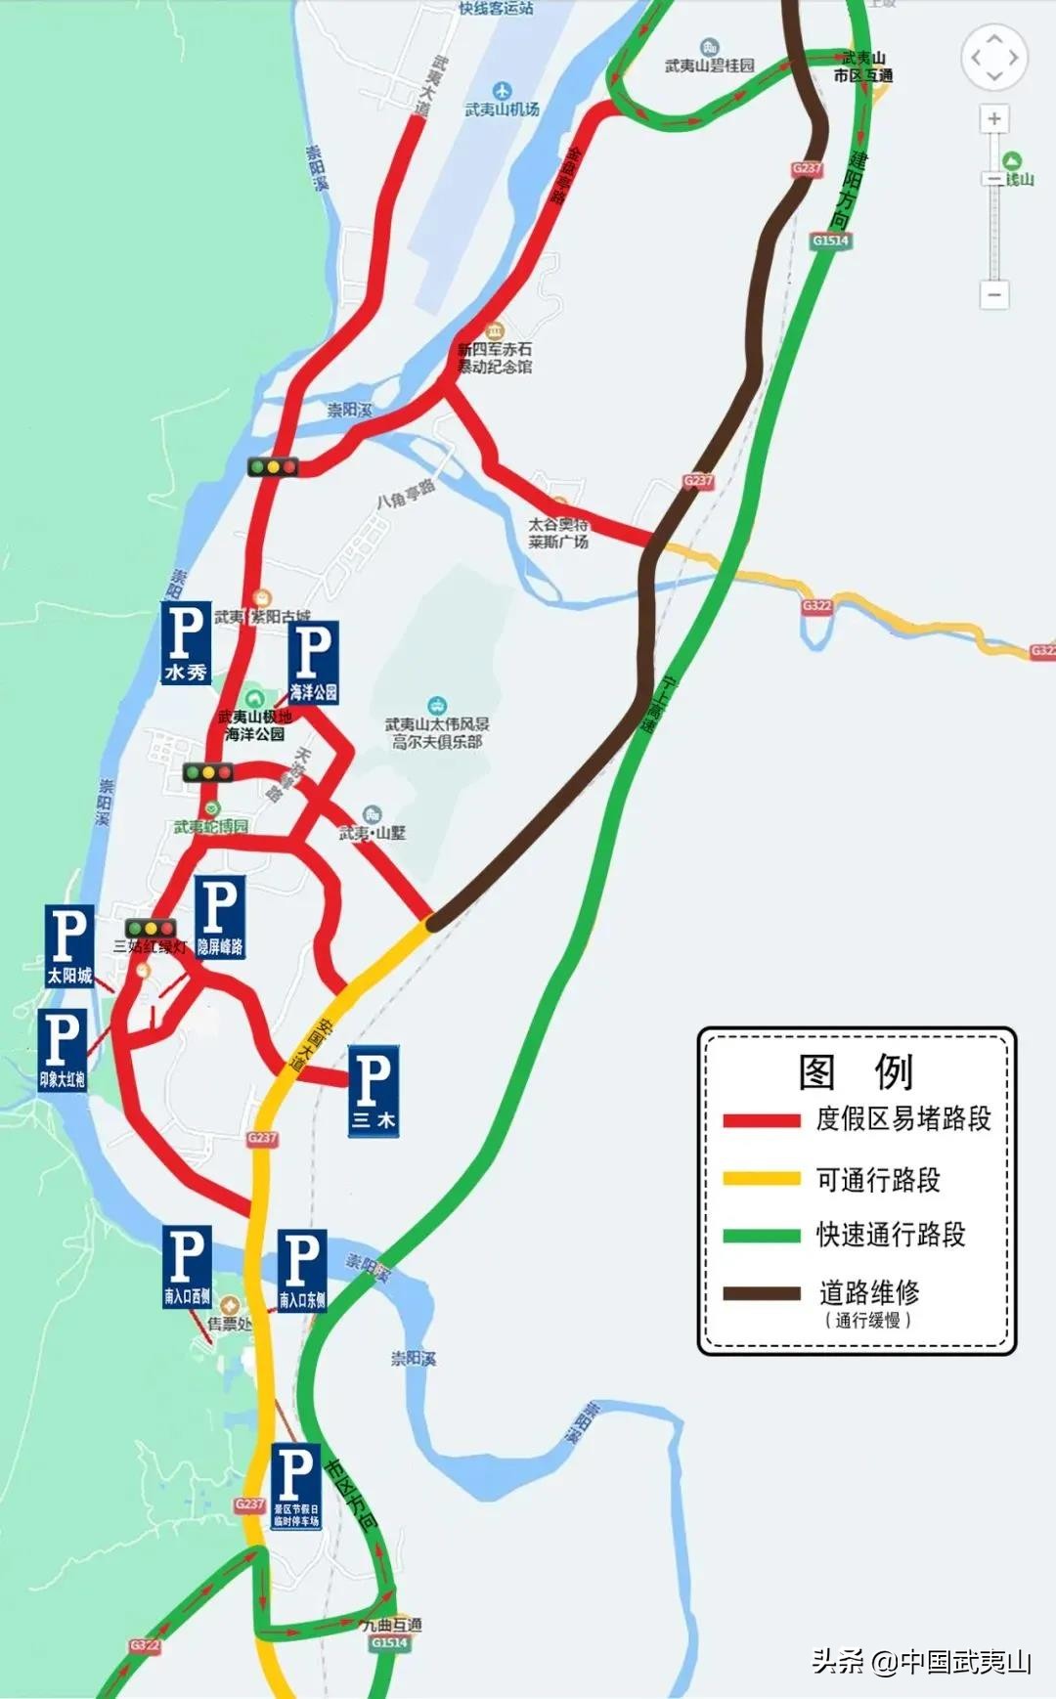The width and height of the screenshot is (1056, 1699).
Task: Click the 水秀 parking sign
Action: pyautogui.click(x=186, y=642)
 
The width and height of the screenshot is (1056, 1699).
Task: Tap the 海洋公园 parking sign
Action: pyautogui.click(x=313, y=663)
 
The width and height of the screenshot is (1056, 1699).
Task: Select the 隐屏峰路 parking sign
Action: pyautogui.click(x=220, y=917)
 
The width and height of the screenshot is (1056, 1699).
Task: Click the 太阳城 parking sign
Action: pyautogui.click(x=69, y=945)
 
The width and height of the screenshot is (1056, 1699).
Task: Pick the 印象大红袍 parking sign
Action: pyautogui.click(x=62, y=1050)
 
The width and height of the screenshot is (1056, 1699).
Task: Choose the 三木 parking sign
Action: pyautogui.click(x=373, y=1091)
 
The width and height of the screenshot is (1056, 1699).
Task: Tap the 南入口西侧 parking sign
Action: pyautogui.click(x=187, y=1266)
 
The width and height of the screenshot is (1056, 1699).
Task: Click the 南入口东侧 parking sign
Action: pyautogui.click(x=302, y=1270)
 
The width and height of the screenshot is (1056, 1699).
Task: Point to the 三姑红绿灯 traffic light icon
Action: pyautogui.click(x=151, y=929)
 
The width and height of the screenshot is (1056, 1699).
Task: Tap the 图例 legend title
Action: pyautogui.click(x=856, y=1071)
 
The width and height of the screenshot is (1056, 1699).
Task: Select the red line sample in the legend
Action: pyautogui.click(x=761, y=1120)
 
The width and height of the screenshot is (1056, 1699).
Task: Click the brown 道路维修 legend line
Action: pyautogui.click(x=761, y=1293)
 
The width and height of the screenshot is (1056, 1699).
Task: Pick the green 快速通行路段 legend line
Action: pyautogui.click(x=761, y=1236)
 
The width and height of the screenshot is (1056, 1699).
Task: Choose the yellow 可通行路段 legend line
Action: pyautogui.click(x=761, y=1179)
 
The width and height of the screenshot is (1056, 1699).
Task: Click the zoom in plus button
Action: pyautogui.click(x=994, y=119)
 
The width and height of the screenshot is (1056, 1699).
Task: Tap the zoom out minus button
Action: pyautogui.click(x=994, y=293)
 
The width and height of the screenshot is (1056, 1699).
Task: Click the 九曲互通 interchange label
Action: pyautogui.click(x=391, y=1625)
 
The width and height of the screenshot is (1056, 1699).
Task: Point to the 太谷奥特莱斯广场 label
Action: pyautogui.click(x=558, y=533)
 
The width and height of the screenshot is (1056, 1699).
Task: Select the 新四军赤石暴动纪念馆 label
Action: pyautogui.click(x=496, y=357)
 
